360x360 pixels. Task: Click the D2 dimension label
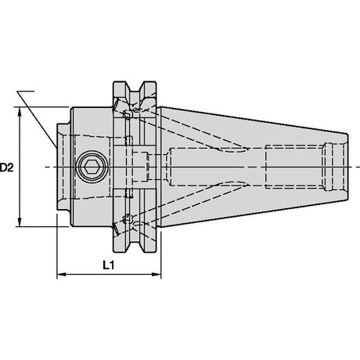tap(6, 167)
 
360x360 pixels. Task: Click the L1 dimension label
tap(109, 265)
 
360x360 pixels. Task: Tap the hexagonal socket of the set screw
tap(90, 167)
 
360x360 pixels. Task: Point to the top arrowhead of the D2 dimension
tap(20, 111)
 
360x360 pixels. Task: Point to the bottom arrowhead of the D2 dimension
tap(20, 222)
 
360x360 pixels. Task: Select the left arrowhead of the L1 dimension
tap(61, 274)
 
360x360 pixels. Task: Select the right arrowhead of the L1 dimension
tap(157, 274)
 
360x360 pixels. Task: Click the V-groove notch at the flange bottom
tap(135, 245)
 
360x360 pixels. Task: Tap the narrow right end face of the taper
tap(348, 167)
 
